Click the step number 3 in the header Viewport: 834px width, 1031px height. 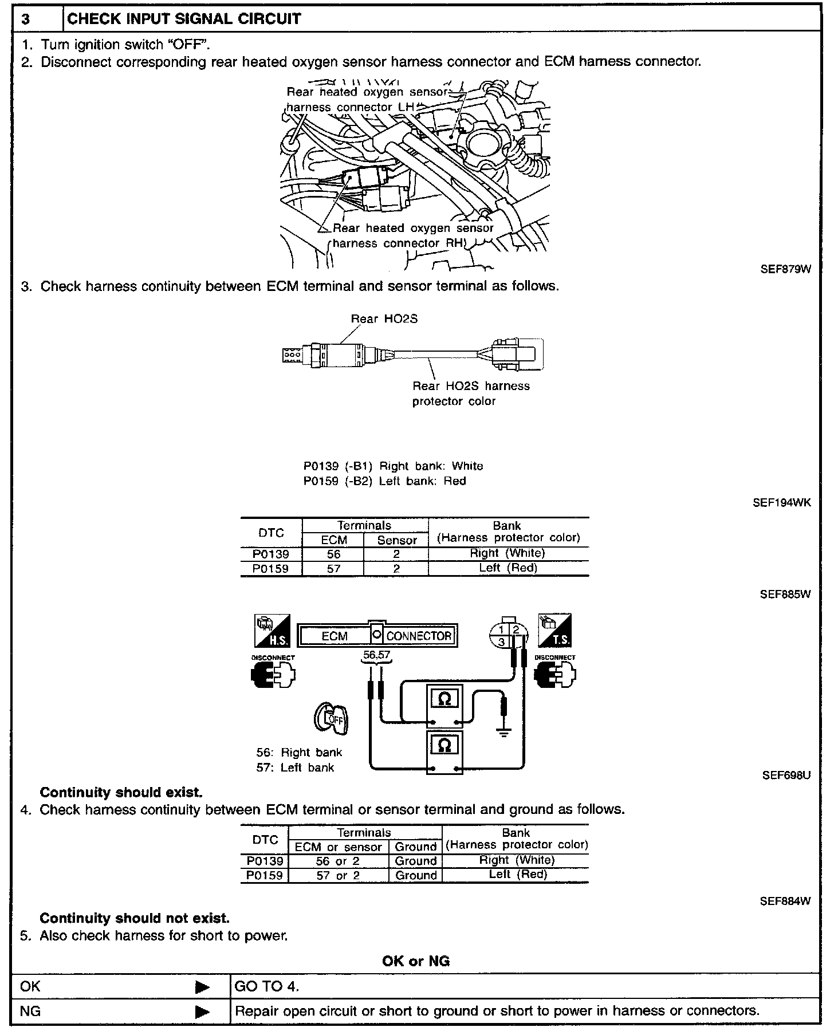tap(26, 19)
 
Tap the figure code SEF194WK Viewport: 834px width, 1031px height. tap(781, 503)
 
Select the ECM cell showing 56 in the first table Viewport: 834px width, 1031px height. tap(333, 554)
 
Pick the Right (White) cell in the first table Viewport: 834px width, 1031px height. tap(508, 553)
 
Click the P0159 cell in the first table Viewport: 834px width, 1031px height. tap(271, 569)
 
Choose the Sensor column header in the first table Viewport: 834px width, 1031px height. tap(397, 540)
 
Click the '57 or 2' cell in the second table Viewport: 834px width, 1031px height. tap(338, 875)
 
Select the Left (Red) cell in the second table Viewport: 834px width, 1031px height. tap(518, 875)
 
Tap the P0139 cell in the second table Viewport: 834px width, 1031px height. tap(265, 861)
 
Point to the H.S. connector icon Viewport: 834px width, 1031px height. tap(272, 631)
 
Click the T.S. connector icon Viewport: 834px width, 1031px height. tap(554, 631)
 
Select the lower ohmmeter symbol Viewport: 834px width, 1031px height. tap(444, 745)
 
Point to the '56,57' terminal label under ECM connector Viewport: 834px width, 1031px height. tap(376, 655)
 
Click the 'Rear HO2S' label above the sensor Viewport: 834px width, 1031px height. tap(384, 319)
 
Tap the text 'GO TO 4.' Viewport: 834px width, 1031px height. tap(267, 986)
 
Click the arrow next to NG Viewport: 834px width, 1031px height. tap(202, 1012)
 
